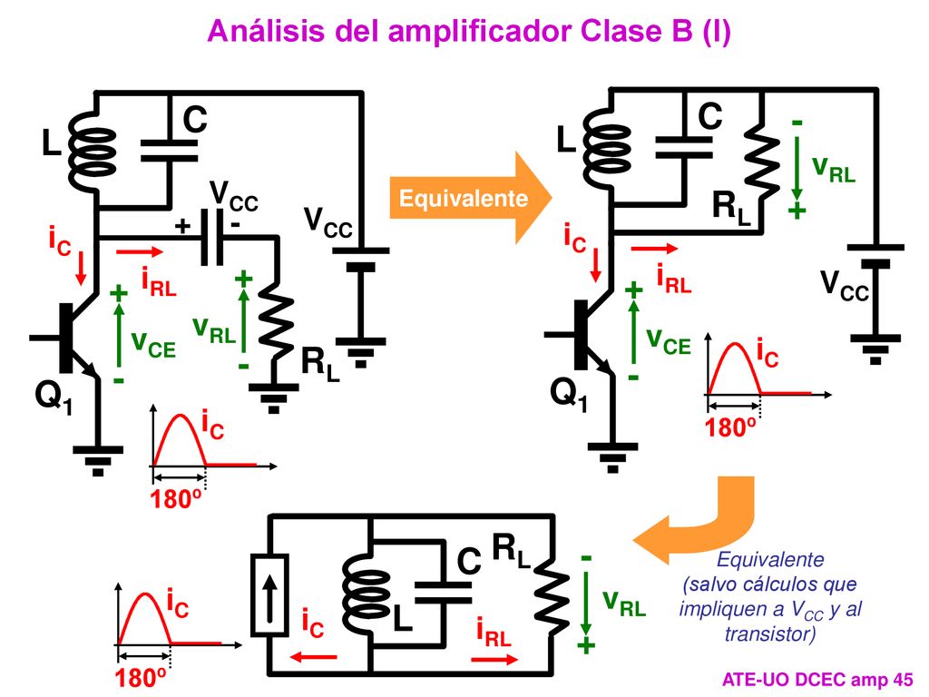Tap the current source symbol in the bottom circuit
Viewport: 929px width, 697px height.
pos(270,594)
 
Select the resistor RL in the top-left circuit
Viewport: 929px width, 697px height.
pos(276,322)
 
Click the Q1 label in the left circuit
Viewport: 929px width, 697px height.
pos(54,395)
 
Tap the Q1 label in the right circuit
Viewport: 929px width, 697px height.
pos(569,392)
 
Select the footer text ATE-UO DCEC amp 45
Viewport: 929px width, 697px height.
pos(817,679)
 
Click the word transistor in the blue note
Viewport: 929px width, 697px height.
pos(770,634)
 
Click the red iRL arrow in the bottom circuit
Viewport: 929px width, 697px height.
pos(494,659)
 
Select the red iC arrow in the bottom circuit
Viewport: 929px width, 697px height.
pos(313,657)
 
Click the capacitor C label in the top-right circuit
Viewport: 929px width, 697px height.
pos(709,115)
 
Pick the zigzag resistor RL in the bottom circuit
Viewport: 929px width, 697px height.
pos(551,594)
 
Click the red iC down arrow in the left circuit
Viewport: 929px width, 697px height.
pos(81,269)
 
